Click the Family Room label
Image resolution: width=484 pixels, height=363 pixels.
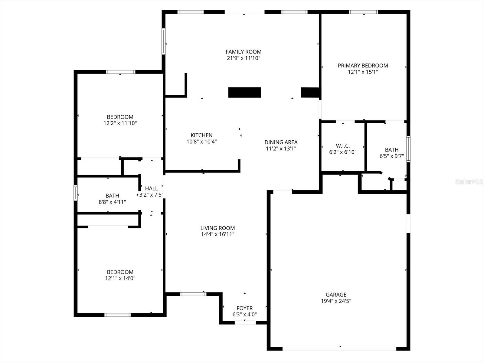[x=244, y=52]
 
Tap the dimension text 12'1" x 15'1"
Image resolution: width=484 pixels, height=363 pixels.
[x=363, y=72]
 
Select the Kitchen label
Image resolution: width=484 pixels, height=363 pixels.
[x=201, y=135]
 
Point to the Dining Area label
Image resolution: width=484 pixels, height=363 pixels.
[x=281, y=142]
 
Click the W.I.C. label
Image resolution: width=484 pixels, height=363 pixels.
[x=343, y=146]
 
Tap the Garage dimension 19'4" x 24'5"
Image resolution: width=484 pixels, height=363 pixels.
[x=336, y=301]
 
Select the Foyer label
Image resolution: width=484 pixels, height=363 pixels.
[x=244, y=308]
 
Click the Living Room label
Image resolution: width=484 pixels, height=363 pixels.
[x=217, y=228]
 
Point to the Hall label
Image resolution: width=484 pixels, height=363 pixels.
[x=151, y=188]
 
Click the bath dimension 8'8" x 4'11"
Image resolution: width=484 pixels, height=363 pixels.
[x=112, y=202]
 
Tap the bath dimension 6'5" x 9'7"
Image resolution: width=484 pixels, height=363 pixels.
[x=392, y=156]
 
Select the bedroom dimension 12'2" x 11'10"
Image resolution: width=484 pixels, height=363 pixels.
[x=120, y=123]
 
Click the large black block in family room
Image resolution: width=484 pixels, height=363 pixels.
[x=244, y=92]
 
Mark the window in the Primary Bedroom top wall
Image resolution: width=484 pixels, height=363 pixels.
[x=363, y=12]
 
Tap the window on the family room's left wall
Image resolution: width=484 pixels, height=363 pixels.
[x=164, y=41]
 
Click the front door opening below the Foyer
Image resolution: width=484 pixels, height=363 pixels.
[x=245, y=322]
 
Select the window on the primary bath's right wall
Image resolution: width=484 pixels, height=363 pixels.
[x=408, y=149]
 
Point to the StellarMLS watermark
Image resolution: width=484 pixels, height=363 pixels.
[x=469, y=182]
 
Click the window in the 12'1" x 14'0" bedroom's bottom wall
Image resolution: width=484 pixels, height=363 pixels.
[x=118, y=315]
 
